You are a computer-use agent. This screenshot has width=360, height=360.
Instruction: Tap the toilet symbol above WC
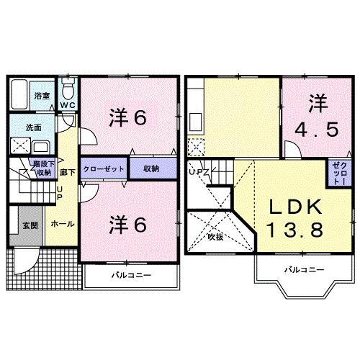(68, 90)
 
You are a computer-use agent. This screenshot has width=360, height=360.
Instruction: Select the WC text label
(68, 107)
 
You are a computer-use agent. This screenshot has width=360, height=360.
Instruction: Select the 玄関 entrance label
(29, 225)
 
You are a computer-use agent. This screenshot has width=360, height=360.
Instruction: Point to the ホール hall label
(60, 225)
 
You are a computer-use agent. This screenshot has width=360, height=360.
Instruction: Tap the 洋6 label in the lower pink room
(129, 224)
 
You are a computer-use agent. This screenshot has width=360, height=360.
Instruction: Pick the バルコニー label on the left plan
(130, 275)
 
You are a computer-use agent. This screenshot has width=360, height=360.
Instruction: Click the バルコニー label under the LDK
(302, 270)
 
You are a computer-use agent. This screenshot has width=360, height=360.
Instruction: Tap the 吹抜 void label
(215, 236)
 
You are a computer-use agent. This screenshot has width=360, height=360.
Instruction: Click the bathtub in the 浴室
(22, 96)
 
